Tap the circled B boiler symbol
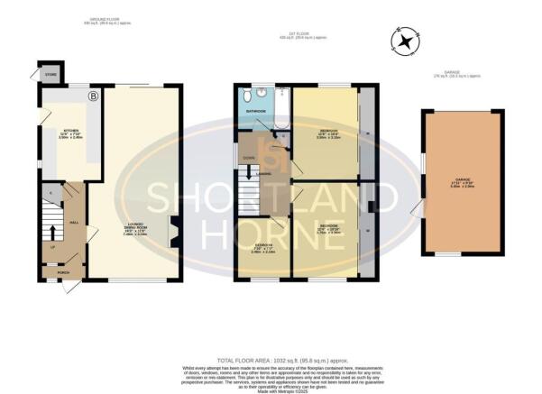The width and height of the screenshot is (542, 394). (92, 95)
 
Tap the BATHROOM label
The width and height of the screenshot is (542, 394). (255, 113)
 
